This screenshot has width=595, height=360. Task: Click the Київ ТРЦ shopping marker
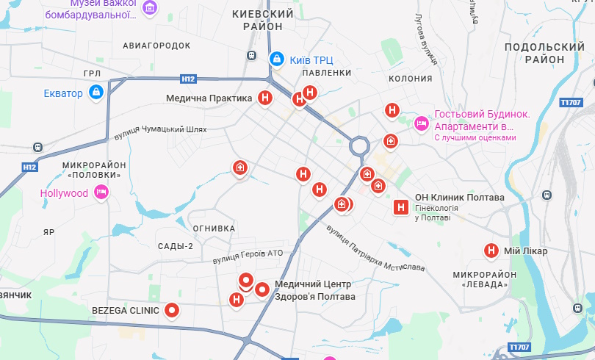point(276,59)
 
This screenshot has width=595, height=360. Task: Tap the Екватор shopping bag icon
point(95,93)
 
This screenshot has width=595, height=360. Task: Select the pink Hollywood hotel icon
point(101,193)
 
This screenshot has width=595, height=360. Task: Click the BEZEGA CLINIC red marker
point(173,311)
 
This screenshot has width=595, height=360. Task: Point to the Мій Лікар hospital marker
point(491,251)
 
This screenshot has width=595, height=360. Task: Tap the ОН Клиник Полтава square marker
point(401,207)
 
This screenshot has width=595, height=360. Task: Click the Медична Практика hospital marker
point(266,98)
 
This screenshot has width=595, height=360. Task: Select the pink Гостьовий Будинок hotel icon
point(421,123)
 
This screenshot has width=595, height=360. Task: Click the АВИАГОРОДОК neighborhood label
point(156,45)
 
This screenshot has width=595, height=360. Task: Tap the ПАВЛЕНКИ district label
point(326,73)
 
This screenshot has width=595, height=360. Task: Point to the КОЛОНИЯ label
point(409,79)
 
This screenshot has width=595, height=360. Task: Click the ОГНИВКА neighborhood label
point(214,228)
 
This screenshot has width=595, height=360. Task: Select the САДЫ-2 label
point(175,246)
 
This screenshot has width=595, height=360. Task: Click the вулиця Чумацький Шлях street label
point(161,132)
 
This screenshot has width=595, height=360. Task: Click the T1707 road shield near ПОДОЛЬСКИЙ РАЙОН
point(570,103)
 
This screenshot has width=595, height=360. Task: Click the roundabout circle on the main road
point(359,145)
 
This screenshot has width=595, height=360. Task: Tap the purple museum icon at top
point(150,8)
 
